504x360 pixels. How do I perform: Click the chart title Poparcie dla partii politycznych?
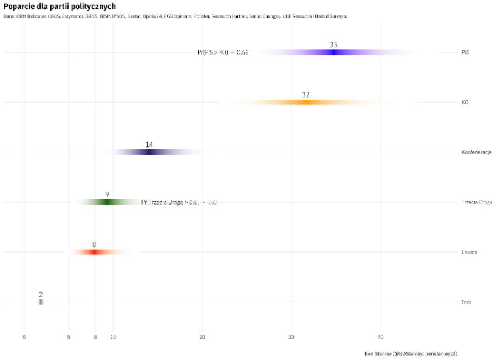pyautogui.click(x=60, y=6)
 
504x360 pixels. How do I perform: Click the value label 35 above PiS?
pyautogui.click(x=333, y=45)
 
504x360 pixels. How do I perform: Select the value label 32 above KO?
pyautogui.click(x=305, y=95)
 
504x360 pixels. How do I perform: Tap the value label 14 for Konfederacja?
pyautogui.click(x=149, y=144)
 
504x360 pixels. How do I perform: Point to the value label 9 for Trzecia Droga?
pyautogui.click(x=107, y=194)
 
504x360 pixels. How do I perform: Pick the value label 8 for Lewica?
pyautogui.click(x=94, y=245)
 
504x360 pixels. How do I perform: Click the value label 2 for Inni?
pyautogui.click(x=41, y=294)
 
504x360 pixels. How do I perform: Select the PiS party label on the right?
pyautogui.click(x=465, y=52)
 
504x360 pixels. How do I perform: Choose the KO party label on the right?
pyautogui.click(x=465, y=103)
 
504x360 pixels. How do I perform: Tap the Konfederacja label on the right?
pyautogui.click(x=476, y=152)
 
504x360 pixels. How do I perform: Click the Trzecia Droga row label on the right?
pyautogui.click(x=477, y=202)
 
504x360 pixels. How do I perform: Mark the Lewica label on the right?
pyautogui.click(x=469, y=252)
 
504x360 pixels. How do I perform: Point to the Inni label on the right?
pyautogui.click(x=466, y=302)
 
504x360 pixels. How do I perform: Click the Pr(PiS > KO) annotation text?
pyautogui.click(x=223, y=53)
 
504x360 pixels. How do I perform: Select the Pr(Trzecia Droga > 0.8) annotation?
pyautogui.click(x=179, y=202)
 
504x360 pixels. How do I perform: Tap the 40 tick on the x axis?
pyautogui.click(x=380, y=337)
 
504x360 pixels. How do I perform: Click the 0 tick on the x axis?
pyautogui.click(x=24, y=337)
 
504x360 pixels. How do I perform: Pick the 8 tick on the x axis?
pyautogui.click(x=95, y=337)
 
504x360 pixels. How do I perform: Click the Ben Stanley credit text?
pyautogui.click(x=411, y=353)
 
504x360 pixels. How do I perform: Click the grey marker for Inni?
pyautogui.click(x=41, y=302)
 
